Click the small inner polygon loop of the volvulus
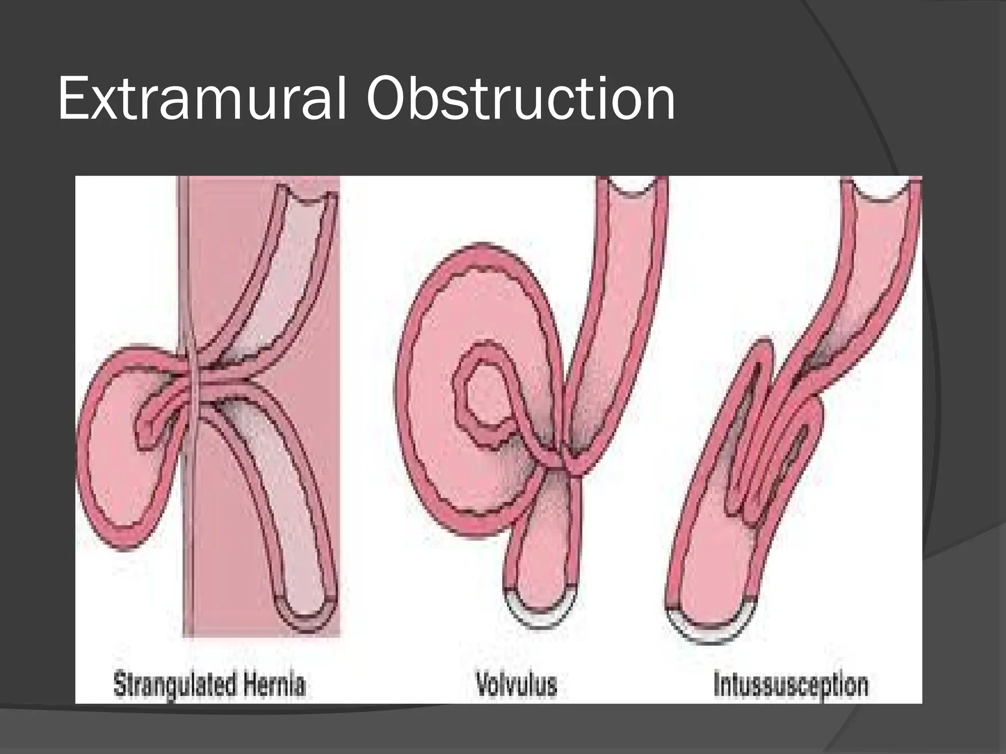point(484,393)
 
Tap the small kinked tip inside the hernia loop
point(147,427)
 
